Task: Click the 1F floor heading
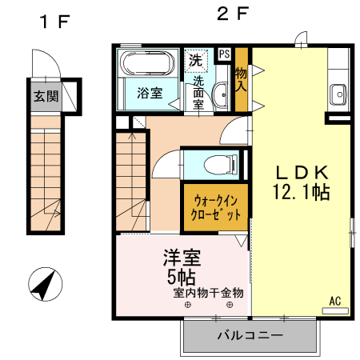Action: (x=54, y=22)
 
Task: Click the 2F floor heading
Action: (x=233, y=14)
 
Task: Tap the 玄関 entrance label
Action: (x=46, y=96)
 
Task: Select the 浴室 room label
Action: (x=150, y=93)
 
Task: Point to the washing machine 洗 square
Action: (x=196, y=61)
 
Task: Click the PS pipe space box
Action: (x=224, y=54)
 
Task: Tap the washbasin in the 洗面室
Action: (x=221, y=94)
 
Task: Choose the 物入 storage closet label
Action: (x=241, y=79)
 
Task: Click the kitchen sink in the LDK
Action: (x=338, y=94)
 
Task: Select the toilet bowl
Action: (x=221, y=164)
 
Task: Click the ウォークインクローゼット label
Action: (x=215, y=207)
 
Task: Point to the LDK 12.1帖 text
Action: (x=302, y=182)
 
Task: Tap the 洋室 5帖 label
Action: (x=182, y=266)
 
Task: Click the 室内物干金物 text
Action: (x=208, y=293)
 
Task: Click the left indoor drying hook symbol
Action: (x=188, y=305)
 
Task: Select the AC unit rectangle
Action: (x=335, y=310)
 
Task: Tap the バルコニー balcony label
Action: (x=250, y=335)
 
